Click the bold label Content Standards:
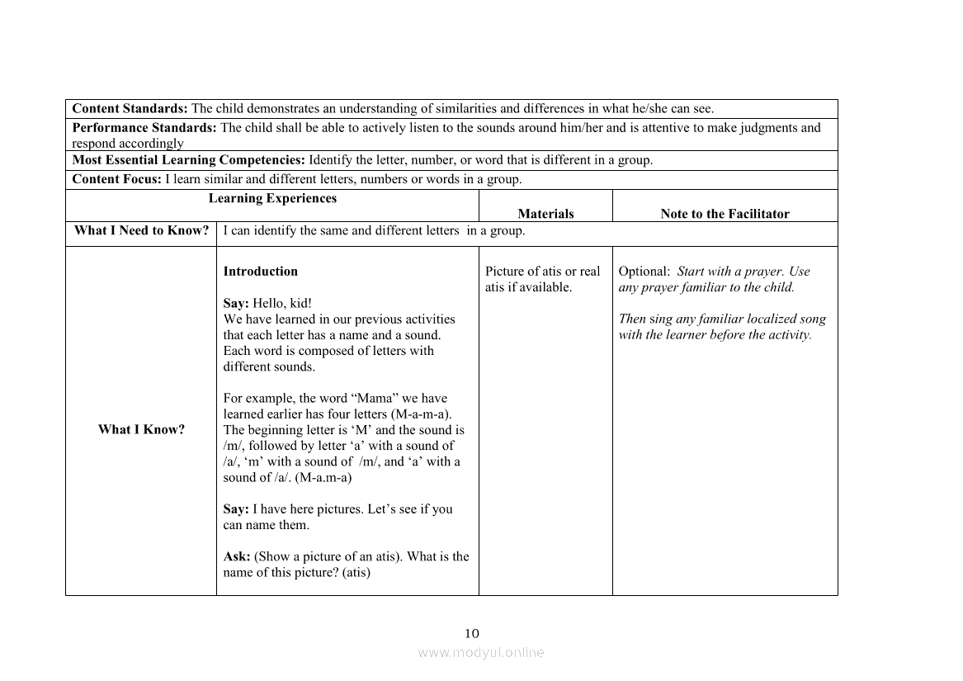[130, 108]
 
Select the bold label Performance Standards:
[144, 127]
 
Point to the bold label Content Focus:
[117, 179]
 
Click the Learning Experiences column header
[272, 198]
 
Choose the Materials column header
[545, 214]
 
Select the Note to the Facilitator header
[725, 214]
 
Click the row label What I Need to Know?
[141, 230]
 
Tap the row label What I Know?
[141, 429]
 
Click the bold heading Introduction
[261, 271]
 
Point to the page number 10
[471, 633]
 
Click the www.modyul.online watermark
[481, 652]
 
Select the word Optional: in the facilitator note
[644, 271]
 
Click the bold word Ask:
[237, 556]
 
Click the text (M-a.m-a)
[323, 477]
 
